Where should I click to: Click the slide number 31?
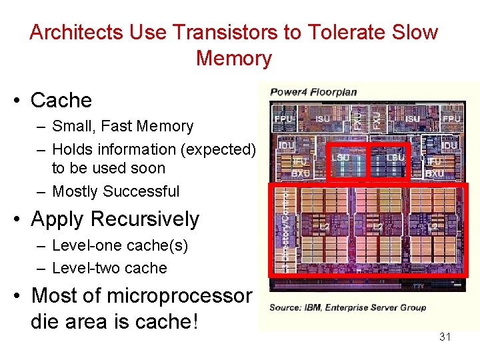445,337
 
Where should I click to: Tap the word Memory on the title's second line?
234,58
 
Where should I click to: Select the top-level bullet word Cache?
61,100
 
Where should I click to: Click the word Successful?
146,191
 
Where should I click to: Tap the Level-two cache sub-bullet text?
109,268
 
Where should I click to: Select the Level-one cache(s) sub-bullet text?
120,245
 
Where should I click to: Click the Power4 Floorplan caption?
313,92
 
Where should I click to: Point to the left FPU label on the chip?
282,119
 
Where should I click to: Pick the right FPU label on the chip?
451,119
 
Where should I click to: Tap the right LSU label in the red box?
395,157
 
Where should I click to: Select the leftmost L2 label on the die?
325,227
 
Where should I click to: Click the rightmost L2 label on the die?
433,227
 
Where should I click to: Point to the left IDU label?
286,145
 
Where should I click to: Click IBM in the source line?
311,307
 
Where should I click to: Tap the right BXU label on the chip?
434,173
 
